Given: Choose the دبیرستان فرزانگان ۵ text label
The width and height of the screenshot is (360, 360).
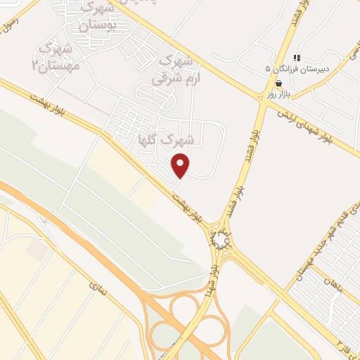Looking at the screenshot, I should click(297, 69).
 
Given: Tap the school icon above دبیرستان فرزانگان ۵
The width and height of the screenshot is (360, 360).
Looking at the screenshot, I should click(297, 58).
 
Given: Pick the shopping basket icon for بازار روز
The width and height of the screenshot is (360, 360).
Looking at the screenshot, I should click(278, 83).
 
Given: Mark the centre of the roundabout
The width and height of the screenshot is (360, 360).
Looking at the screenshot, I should click(221, 241).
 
